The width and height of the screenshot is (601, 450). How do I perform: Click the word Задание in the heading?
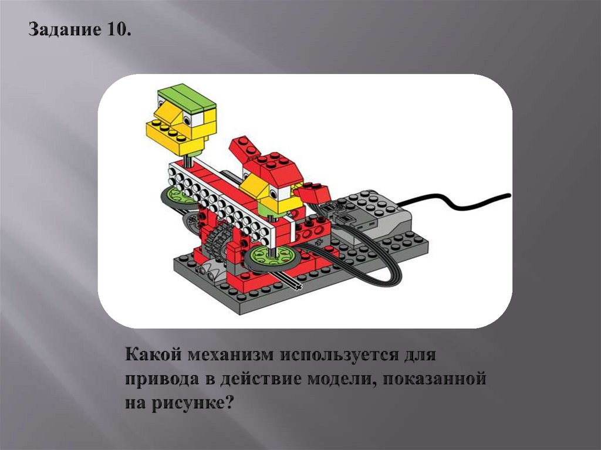tap(62, 31)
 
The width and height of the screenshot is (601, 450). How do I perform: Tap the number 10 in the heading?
tap(117, 29)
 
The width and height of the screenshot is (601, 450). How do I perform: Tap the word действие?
tap(261, 378)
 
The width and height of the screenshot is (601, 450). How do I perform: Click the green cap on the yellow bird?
tap(187, 98)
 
